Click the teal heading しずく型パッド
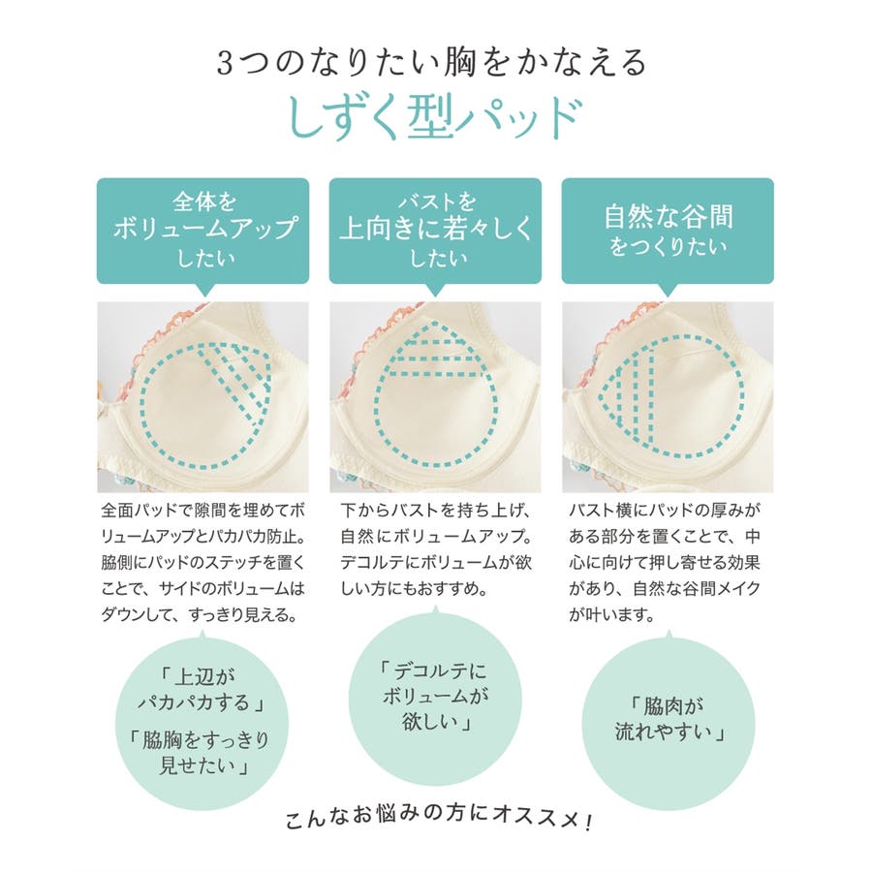point(435,117)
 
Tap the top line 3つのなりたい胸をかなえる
point(431,62)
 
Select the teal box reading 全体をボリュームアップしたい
point(203,231)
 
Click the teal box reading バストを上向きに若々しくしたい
point(435,231)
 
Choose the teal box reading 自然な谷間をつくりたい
point(668,231)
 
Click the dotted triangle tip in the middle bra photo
point(435,322)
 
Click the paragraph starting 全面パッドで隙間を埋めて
point(203,562)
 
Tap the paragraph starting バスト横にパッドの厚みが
point(665,562)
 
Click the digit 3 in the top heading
point(224,63)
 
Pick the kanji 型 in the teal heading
point(431,117)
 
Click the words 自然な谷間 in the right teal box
point(669,216)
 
